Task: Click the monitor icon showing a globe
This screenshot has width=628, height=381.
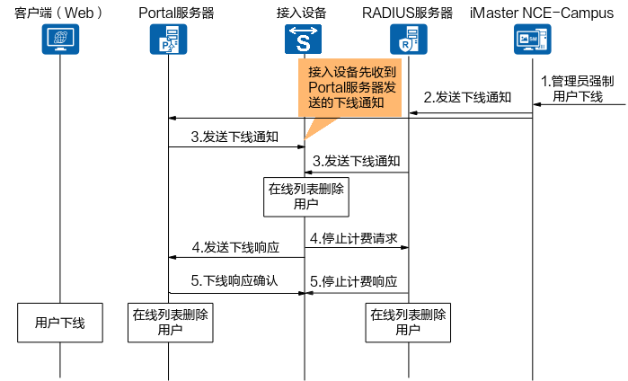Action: click(60, 40)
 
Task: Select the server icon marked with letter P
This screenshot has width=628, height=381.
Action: click(168, 40)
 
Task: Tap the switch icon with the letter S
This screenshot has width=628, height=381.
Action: click(303, 40)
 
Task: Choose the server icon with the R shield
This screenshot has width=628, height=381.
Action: click(409, 40)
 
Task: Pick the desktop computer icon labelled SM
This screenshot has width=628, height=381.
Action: click(532, 40)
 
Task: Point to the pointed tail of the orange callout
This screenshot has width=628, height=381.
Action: click(305, 139)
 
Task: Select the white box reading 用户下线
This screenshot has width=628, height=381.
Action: click(60, 323)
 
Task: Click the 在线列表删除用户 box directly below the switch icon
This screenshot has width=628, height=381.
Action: click(305, 197)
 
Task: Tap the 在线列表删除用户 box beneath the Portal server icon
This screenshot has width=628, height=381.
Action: click(170, 323)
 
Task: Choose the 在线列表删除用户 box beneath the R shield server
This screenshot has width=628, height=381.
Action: click(408, 323)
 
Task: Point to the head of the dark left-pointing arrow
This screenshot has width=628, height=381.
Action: click(308, 293)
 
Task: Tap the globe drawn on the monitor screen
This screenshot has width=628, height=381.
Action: click(60, 37)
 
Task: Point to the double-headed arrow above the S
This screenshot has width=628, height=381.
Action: click(303, 31)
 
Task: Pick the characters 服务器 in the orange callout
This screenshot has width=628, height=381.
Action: click(371, 87)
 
